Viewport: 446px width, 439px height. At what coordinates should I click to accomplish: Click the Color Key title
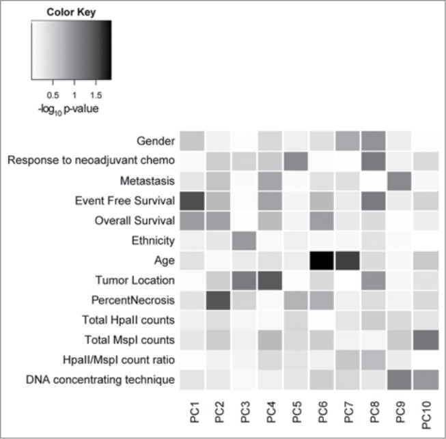tap(70, 12)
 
